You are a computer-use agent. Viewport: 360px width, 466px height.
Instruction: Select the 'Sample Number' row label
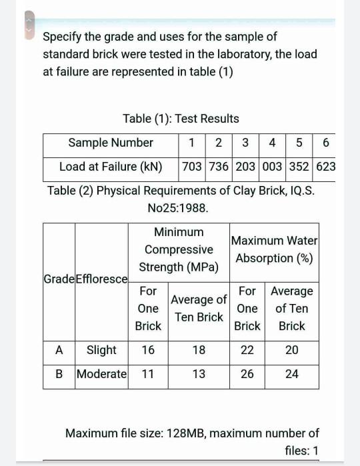click(x=111, y=143)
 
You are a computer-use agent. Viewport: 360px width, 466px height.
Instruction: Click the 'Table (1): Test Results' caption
click(x=181, y=119)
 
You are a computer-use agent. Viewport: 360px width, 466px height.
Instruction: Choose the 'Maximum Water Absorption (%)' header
click(x=274, y=249)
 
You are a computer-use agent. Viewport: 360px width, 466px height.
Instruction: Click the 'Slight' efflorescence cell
click(x=101, y=350)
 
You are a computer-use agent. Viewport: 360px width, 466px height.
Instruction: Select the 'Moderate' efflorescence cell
click(x=101, y=374)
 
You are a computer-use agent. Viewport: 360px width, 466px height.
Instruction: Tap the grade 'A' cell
click(x=59, y=350)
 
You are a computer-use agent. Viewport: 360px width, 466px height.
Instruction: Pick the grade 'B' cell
click(x=59, y=374)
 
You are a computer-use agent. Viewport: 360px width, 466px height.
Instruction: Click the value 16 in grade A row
click(x=148, y=350)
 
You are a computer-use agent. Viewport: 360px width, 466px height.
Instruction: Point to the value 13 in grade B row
click(x=199, y=374)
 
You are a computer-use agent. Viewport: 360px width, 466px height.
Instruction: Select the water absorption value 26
click(x=247, y=374)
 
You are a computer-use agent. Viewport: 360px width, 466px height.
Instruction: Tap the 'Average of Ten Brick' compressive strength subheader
click(x=199, y=309)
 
